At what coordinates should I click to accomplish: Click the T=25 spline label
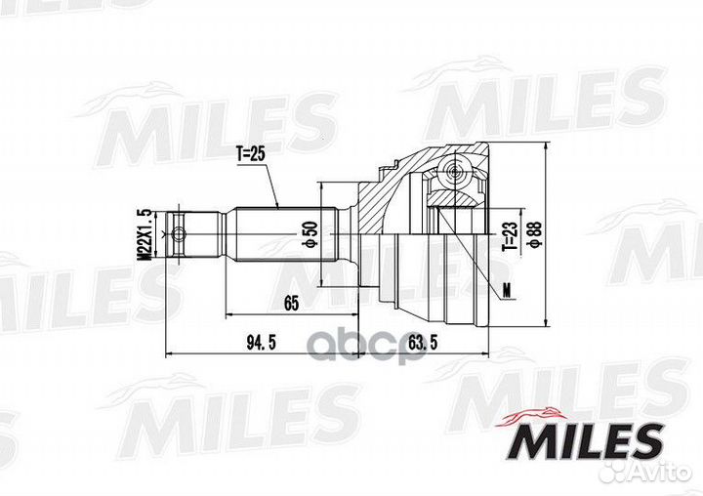point(251,153)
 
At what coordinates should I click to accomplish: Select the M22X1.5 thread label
point(145,232)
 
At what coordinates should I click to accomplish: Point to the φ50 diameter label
point(310,233)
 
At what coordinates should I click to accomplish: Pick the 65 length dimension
point(291,303)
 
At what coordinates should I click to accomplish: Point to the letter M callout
point(506,287)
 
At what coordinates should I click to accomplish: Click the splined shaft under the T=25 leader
point(283,233)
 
